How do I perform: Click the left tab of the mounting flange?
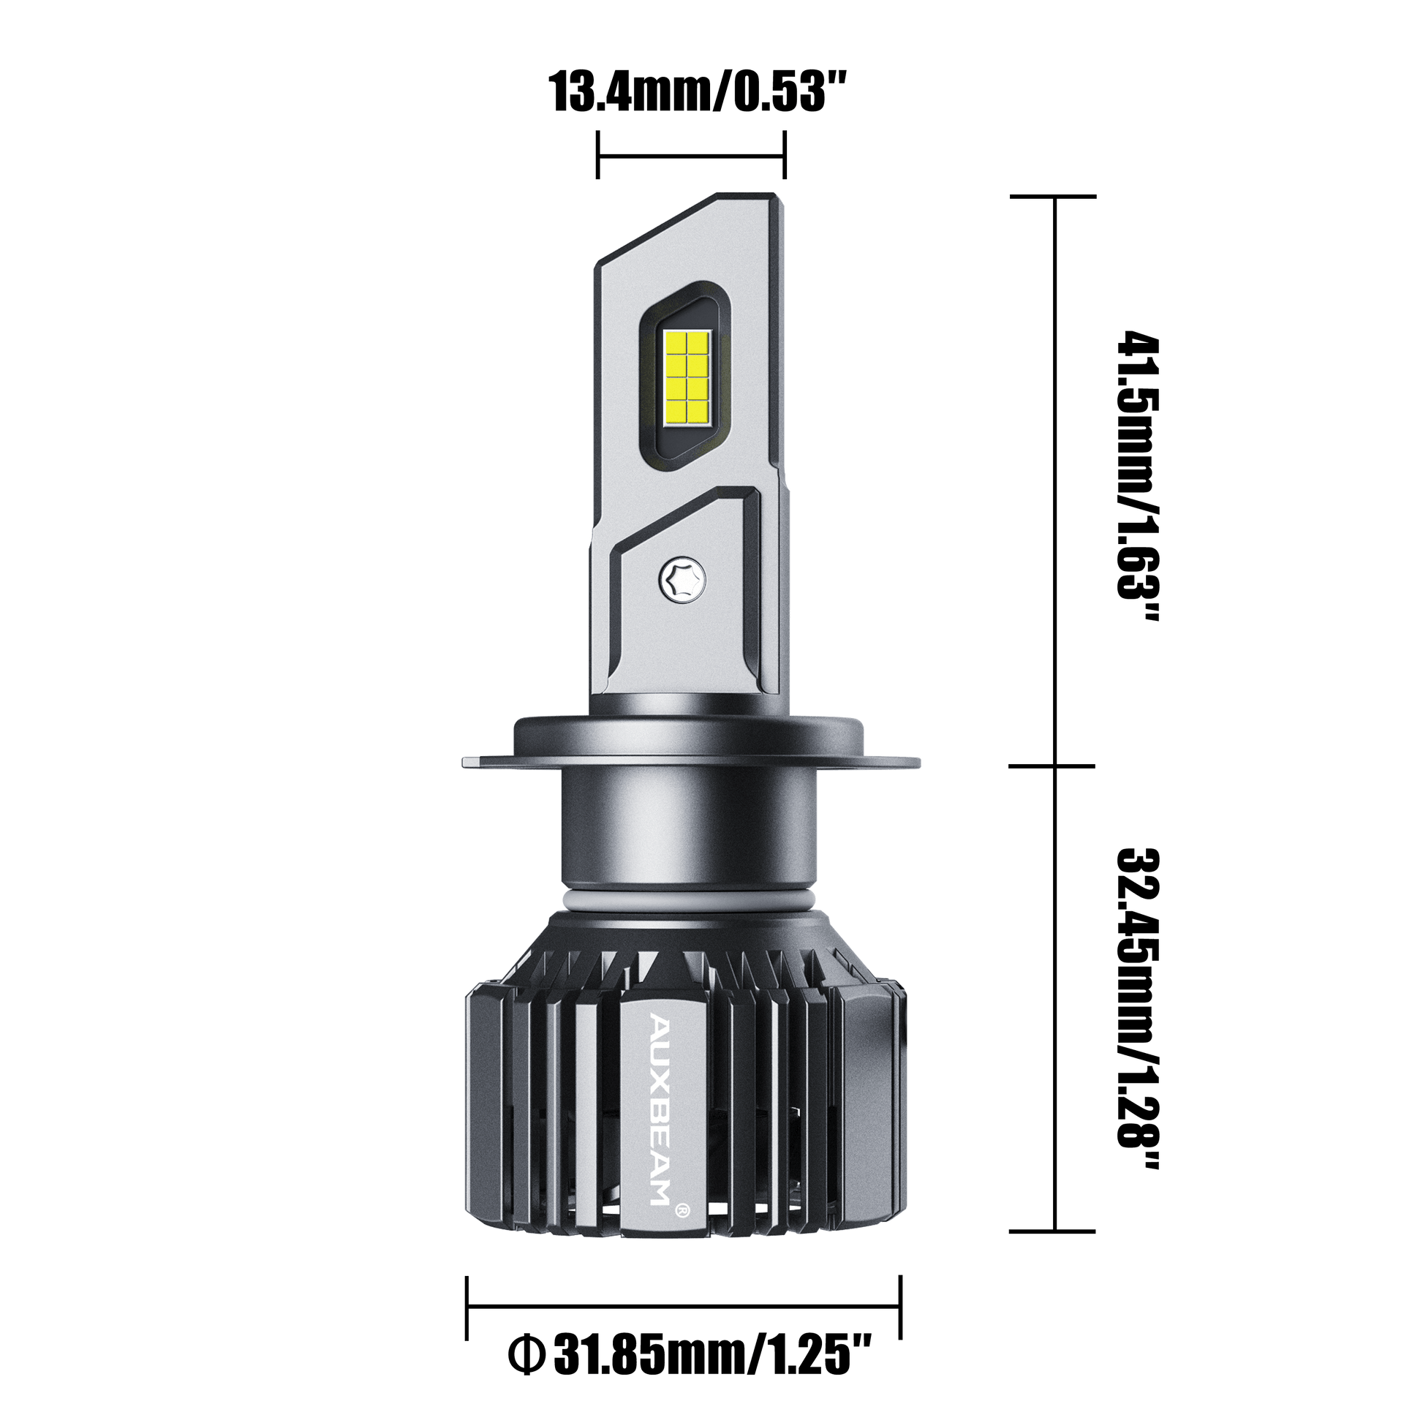coord(476,760)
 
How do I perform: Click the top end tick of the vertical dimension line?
coord(1052,197)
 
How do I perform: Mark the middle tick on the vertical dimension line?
coord(1052,766)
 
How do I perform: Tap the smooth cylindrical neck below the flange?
coord(690,832)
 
